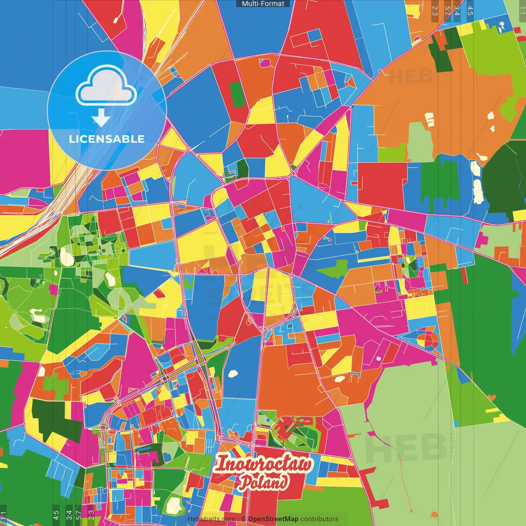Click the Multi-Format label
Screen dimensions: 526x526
[263, 4]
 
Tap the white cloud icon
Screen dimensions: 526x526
[106, 88]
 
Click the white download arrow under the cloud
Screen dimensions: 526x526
[101, 118]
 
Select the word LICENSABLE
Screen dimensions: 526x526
[107, 139]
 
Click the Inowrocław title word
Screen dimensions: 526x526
[263, 464]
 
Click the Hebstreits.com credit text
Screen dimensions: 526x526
[211, 519]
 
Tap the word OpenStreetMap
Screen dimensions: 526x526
[273, 519]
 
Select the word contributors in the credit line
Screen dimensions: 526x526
[319, 519]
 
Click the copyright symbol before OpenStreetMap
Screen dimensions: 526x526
[243, 519]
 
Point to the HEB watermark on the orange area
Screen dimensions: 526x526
[411, 77]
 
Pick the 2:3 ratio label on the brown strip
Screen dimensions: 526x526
[435, 11]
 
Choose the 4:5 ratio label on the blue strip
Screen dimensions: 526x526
[470, 11]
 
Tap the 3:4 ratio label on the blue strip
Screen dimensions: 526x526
[457, 11]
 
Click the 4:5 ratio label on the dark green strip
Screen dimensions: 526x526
[56, 515]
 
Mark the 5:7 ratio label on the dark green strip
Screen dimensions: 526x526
[78, 515]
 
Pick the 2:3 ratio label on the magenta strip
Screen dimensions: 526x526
[91, 515]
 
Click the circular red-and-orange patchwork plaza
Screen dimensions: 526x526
[428, 340]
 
